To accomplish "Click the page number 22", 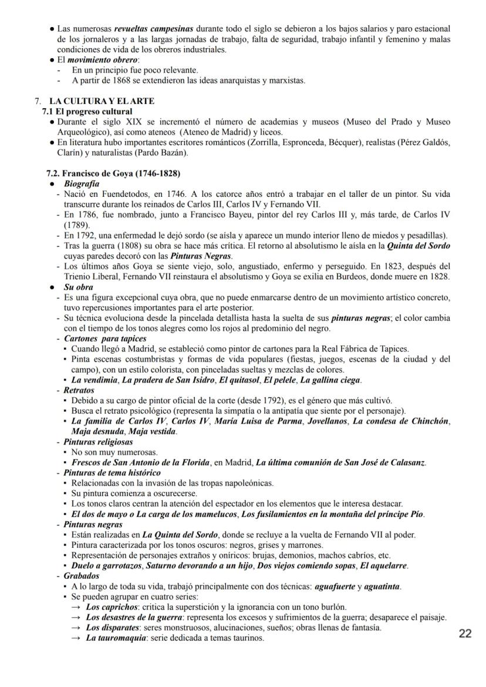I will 465,634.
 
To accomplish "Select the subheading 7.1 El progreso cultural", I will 87,111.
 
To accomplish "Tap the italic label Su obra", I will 78,287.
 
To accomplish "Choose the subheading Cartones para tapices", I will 105,339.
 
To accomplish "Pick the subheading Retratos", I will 79,390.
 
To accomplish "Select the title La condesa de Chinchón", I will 401,421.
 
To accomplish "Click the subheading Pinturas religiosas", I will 98,442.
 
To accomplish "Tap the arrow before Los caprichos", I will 76,607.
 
